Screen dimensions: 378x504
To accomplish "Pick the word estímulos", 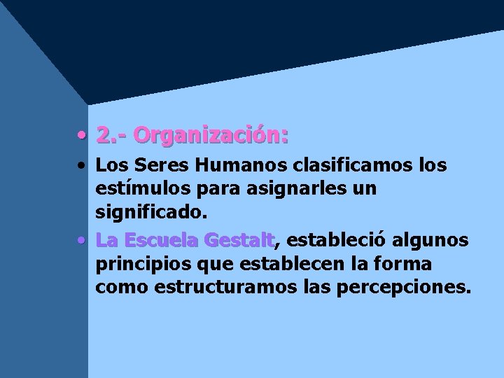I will (x=136, y=188).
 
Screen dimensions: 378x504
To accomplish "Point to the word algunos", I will (x=430, y=241).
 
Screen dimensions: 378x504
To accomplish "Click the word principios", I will (x=137, y=264).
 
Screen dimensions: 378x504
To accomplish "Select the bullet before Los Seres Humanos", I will (x=83, y=167).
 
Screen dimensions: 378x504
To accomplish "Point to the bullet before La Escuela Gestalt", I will (x=83, y=241).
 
